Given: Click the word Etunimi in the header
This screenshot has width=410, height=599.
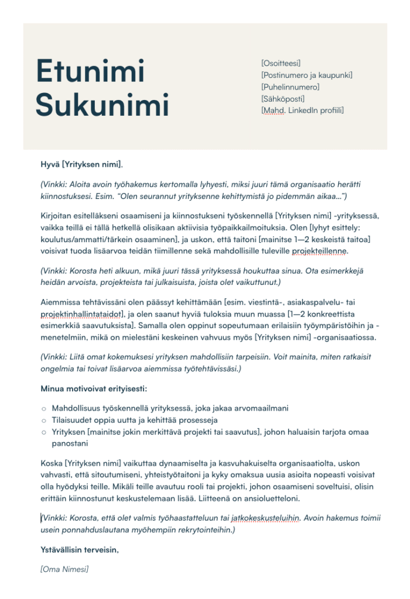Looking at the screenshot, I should point(90,71).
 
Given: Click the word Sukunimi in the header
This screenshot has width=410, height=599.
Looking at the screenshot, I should point(102,105).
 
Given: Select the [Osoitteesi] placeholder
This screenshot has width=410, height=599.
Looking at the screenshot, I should point(281,63).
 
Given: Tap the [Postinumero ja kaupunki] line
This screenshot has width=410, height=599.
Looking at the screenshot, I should point(306,75).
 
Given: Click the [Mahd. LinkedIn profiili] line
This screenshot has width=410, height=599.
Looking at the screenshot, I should point(302,110).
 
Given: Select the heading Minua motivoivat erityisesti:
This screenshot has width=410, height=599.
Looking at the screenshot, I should point(94,388).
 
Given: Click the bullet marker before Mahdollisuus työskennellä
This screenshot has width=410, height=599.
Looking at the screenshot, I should point(44,408).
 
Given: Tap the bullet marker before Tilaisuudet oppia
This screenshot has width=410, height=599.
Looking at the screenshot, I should point(44,421).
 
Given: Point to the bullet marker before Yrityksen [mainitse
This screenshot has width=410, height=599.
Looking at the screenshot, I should point(44,433).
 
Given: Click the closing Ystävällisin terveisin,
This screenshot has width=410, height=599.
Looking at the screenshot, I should point(80,550).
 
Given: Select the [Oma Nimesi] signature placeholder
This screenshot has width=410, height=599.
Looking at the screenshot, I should point(64,569).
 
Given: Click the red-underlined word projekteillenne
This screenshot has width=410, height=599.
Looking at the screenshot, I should point(321,251).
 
